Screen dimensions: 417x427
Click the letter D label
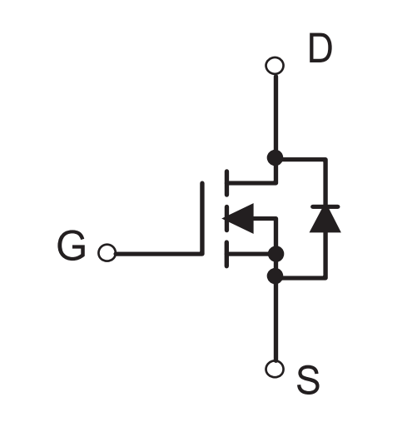pos(320,48)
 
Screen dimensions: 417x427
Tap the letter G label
pos(72,246)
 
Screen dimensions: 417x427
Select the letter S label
pos(308,380)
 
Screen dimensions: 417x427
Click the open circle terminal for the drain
pos(275,66)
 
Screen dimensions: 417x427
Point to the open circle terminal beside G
pos(107,253)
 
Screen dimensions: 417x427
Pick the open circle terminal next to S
pos(275,369)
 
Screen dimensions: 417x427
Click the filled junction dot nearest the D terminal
pos(275,158)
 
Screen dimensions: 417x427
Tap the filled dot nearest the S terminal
pos(275,276)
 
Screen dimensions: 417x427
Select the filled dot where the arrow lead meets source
pos(276,254)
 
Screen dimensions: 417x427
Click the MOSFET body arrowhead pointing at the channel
pos(239,218)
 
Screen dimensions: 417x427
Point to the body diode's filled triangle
pos(325,220)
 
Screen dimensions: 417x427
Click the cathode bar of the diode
pos(325,206)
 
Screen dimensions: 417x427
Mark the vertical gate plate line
pos(202,218)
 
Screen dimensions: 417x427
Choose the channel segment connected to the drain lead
pos(227,183)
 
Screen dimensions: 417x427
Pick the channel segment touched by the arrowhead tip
pos(227,218)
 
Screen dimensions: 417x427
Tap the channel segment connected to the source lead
pos(227,254)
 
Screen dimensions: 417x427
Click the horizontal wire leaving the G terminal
pos(158,253)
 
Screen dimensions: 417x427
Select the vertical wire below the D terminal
pos(276,112)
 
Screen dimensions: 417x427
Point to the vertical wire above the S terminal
pos(276,322)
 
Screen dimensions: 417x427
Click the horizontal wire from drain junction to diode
pos(305,159)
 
